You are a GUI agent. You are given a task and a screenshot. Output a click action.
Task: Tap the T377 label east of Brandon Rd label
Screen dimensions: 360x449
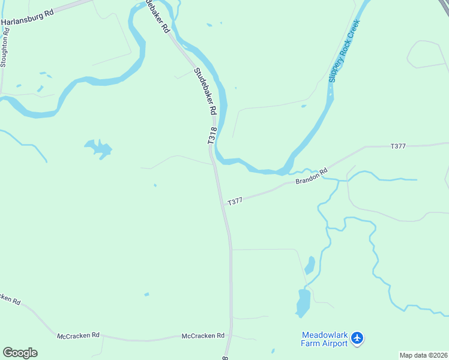[x=398, y=146]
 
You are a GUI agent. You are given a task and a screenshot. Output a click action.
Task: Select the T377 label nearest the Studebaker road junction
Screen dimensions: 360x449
[x=235, y=201]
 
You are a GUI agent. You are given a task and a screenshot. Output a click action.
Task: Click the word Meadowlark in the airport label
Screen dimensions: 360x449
[x=324, y=335]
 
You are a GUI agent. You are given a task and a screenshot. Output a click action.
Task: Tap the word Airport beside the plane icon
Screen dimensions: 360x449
[x=334, y=343]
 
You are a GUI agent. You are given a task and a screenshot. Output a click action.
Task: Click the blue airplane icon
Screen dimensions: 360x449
[x=358, y=339]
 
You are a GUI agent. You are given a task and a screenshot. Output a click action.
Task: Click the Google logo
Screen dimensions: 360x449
[x=20, y=353]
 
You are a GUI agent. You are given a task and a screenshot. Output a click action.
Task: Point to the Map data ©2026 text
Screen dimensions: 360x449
[x=424, y=355]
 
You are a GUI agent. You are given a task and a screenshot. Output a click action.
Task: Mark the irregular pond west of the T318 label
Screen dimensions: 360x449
[x=99, y=148]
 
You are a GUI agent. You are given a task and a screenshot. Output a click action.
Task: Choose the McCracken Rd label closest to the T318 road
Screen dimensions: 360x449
[x=203, y=336]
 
